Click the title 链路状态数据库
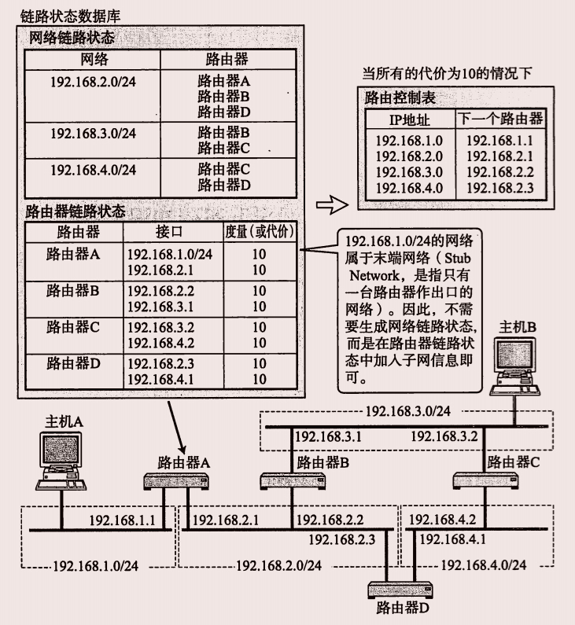click(x=70, y=15)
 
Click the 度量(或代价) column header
click(x=259, y=232)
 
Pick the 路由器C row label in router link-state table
click(x=73, y=326)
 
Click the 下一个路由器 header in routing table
click(x=500, y=119)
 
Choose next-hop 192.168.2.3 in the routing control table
click(x=499, y=188)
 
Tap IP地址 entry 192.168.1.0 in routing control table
click(x=409, y=141)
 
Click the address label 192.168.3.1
click(x=327, y=436)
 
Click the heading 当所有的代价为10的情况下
click(x=447, y=73)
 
